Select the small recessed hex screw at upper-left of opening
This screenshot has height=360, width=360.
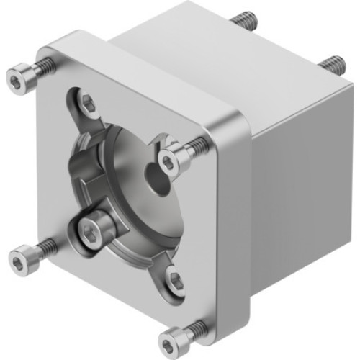[x=86, y=104]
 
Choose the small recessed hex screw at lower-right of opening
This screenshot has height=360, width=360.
[x=175, y=279]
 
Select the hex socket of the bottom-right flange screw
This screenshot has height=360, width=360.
[x=173, y=337]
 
